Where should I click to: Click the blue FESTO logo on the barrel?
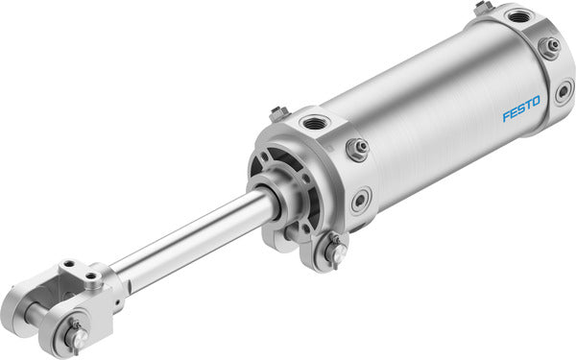pyautogui.click(x=521, y=108)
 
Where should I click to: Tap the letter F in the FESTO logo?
pyautogui.click(x=506, y=115)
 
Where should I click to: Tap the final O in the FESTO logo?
pyautogui.click(x=536, y=100)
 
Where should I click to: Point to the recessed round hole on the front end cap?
pyautogui.click(x=361, y=201)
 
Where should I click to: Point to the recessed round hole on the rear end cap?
pyautogui.click(x=564, y=92)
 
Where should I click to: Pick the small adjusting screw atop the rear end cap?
pyautogui.click(x=483, y=7)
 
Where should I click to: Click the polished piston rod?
pyautogui.click(x=192, y=239)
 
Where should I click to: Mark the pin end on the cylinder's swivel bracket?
pyautogui.click(x=338, y=252)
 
